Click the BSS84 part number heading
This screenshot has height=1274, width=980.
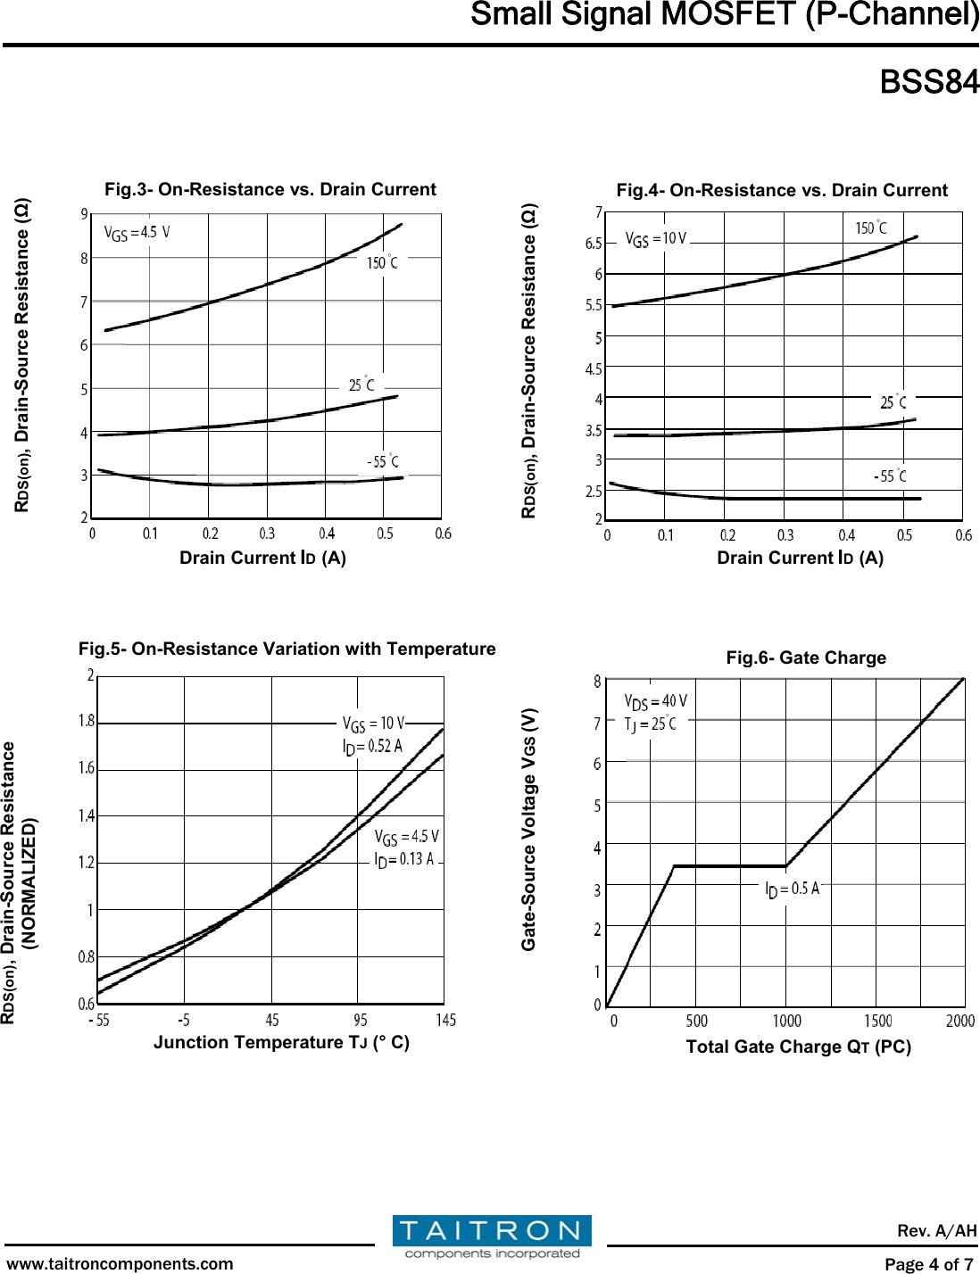pos(928,82)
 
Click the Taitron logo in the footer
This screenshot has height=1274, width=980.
pos(492,1237)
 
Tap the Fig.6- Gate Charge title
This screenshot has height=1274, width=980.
pos(806,658)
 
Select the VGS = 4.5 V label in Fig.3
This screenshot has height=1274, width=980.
pos(137,234)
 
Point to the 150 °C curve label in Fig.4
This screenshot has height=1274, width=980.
pos(871,228)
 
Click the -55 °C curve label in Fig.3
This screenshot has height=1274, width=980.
pos(383,461)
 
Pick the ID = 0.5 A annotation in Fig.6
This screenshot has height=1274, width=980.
pos(792,889)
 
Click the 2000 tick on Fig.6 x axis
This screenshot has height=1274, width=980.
pos(960,1021)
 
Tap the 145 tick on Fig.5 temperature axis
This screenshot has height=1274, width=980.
pos(445,1020)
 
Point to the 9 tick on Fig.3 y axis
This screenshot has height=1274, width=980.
pos(85,214)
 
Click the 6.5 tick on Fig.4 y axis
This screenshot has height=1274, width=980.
pos(594,244)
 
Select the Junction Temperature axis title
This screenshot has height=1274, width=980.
pos(281,1042)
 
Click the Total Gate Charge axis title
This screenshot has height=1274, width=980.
pos(798,1046)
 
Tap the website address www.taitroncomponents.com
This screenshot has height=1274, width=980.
pos(120,1263)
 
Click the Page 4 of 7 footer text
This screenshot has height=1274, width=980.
pos(928,1263)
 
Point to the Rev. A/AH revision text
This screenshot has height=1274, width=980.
pos(936,1231)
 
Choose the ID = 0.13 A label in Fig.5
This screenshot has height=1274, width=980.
pos(403,859)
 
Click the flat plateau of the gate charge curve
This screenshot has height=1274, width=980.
pos(729,865)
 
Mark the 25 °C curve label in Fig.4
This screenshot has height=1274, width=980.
pos(893,402)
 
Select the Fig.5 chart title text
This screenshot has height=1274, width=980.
pos(287,649)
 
